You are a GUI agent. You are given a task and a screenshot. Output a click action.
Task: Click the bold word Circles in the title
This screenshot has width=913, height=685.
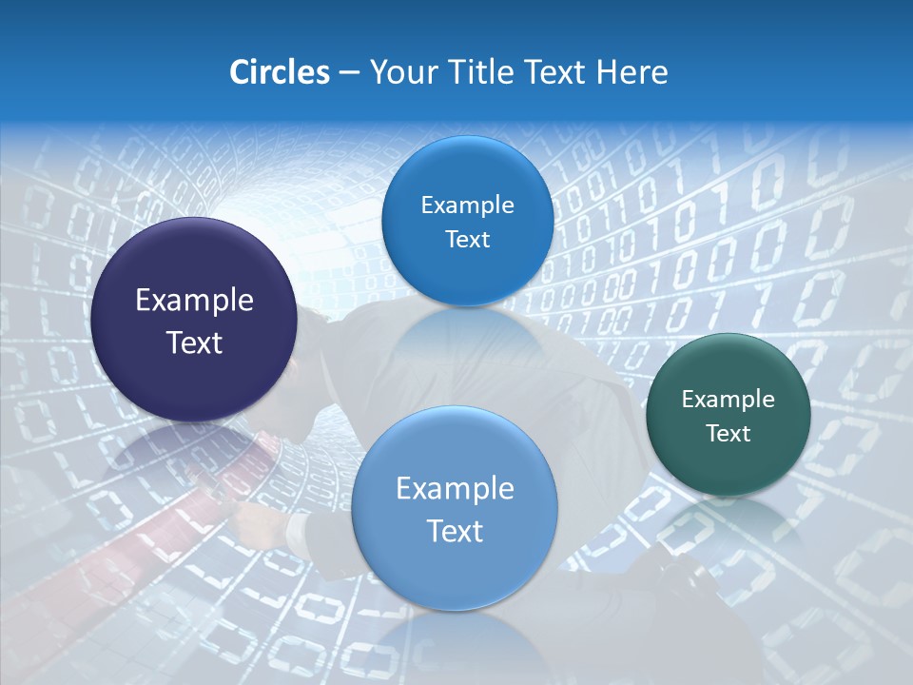coord(279,72)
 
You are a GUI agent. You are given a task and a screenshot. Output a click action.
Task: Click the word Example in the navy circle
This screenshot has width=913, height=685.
coord(194,301)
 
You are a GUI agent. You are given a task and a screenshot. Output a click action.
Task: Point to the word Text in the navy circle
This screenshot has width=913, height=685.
coord(194,342)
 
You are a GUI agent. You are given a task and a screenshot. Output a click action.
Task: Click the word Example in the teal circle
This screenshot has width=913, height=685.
coord(728,400)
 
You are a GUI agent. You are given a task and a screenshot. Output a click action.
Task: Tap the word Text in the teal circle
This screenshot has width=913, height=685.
coord(728,434)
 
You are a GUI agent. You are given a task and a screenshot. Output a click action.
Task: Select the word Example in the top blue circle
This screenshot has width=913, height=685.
coord(467,205)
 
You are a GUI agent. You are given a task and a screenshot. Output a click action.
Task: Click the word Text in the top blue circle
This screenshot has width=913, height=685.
coord(467,240)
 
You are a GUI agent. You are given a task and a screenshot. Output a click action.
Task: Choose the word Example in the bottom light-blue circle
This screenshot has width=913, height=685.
coord(455,489)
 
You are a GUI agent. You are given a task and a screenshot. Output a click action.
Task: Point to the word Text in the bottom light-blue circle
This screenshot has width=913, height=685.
coord(455,531)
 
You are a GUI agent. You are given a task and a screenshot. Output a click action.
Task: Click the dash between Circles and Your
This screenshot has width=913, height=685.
coord(349,73)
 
